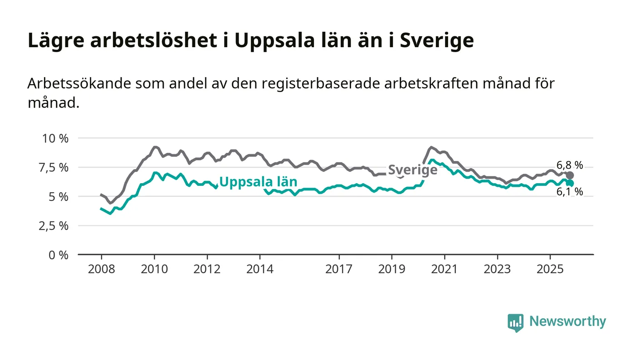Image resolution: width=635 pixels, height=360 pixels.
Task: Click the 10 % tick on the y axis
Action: point(55,138)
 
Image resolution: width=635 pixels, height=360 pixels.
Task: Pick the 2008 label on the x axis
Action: point(101,269)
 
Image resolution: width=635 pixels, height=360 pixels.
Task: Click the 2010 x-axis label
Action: point(154,269)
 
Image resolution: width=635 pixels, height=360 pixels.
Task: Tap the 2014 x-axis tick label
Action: point(260,269)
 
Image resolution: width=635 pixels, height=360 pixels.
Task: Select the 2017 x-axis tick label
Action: point(339,269)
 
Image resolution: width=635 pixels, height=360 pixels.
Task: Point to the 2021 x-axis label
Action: point(444,269)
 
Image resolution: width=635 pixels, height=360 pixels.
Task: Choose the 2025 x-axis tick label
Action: point(550,269)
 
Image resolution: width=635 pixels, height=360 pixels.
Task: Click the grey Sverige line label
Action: point(413,170)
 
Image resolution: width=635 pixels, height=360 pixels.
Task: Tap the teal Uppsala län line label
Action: point(258,182)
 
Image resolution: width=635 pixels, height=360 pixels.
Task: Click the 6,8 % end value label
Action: point(569,165)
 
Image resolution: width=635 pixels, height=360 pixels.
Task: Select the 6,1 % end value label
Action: point(569,192)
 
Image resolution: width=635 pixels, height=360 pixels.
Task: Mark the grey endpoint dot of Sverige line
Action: point(570,175)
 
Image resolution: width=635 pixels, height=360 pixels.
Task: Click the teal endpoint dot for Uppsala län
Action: point(570,183)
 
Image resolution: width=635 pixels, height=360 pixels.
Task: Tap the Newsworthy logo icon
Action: point(515,322)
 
